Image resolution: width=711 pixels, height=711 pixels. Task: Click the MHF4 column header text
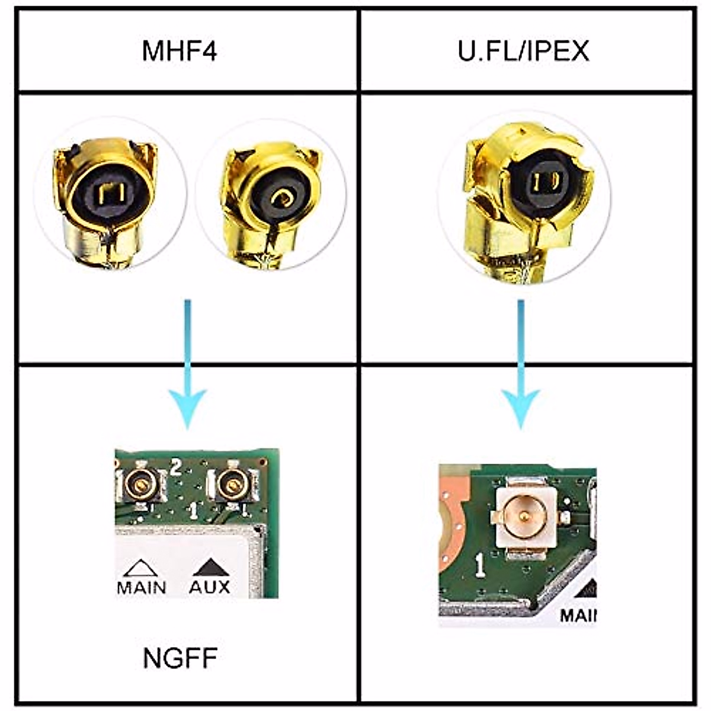pos(180,51)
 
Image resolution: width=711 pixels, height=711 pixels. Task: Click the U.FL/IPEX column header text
pos(523,51)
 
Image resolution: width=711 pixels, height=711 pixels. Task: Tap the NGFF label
pos(180,658)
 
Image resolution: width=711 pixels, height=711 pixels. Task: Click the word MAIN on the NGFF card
pos(142,587)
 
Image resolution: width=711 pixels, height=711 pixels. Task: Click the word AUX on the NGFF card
pos(209,587)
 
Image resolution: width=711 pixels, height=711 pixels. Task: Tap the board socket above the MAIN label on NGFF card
pos(140,485)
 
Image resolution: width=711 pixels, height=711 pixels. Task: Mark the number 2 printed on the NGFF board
pos(175,467)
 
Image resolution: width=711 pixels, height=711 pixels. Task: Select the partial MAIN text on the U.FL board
pos(578,615)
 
